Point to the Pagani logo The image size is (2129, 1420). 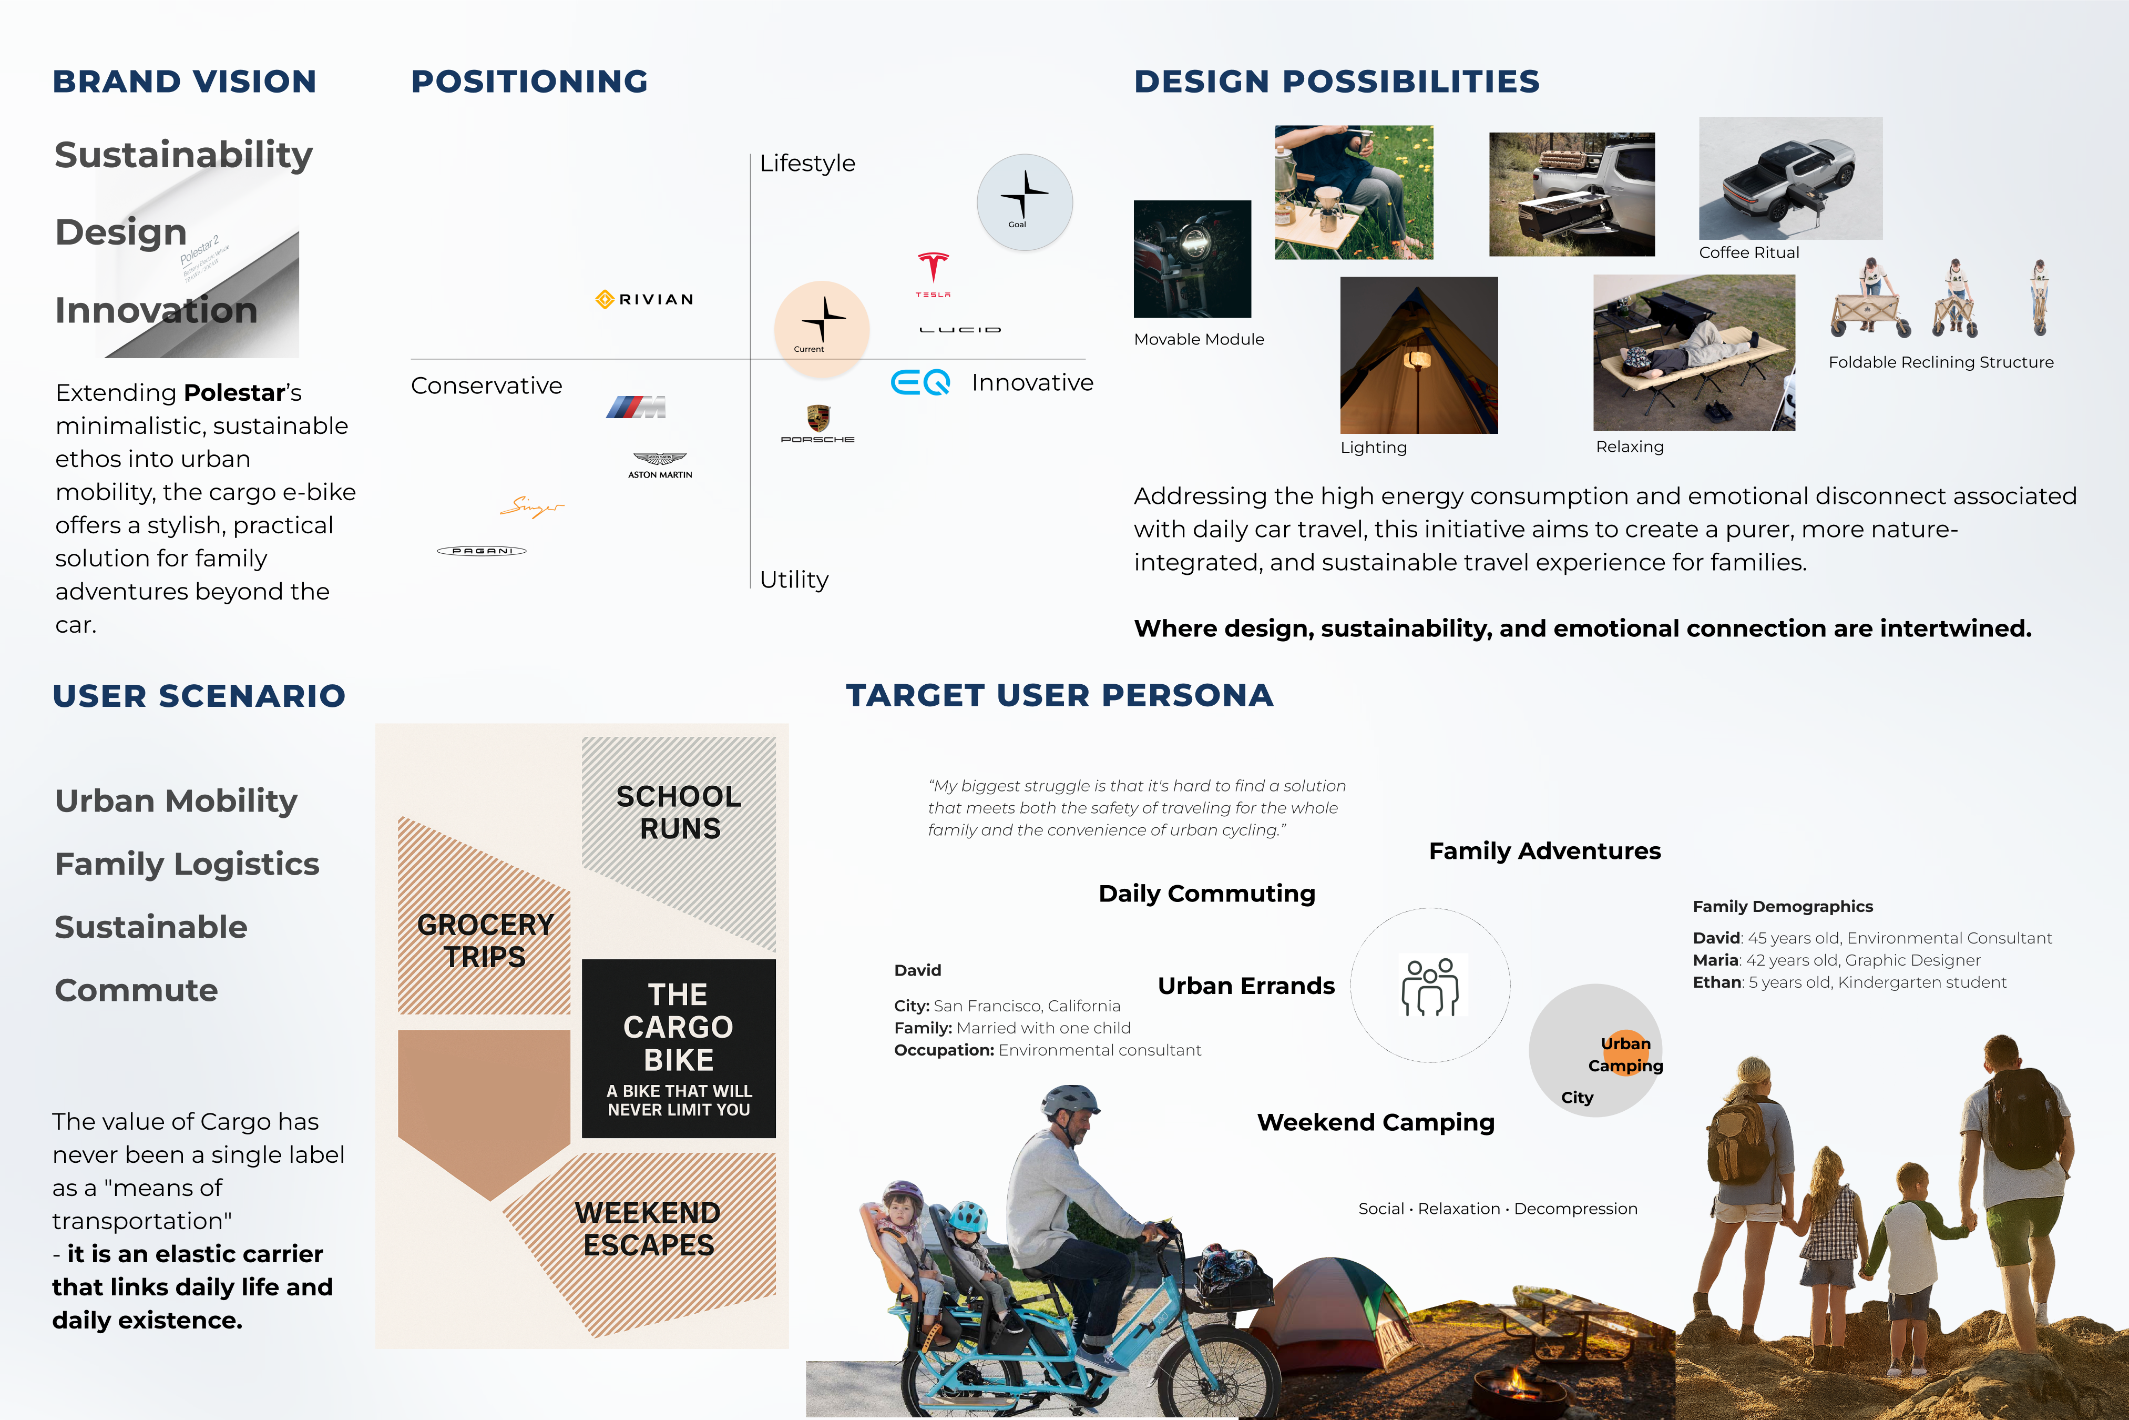point(482,551)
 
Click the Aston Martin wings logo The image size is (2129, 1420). point(660,464)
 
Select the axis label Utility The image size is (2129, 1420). point(794,580)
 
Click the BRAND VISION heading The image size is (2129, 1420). point(185,82)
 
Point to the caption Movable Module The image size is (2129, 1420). point(1199,340)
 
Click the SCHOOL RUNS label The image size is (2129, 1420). point(679,813)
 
